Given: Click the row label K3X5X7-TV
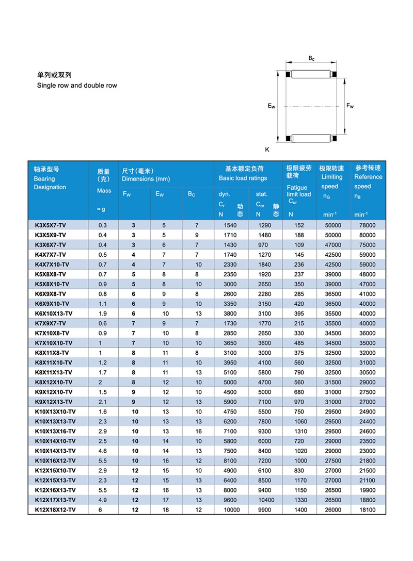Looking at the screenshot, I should click(x=50, y=225).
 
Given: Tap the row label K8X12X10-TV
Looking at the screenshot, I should click(x=53, y=382).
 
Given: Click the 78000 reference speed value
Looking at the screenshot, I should click(x=367, y=225).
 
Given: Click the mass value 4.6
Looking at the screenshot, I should click(x=103, y=451).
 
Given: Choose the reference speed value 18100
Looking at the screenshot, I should click(x=367, y=510).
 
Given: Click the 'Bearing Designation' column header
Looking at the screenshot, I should click(x=50, y=178).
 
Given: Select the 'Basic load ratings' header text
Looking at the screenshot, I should click(x=243, y=178).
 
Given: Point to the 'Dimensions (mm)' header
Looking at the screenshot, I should click(x=146, y=178).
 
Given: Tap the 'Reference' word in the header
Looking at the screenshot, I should click(x=368, y=177).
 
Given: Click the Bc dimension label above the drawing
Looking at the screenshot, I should click(x=312, y=59).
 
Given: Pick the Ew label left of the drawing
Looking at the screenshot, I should click(x=271, y=106).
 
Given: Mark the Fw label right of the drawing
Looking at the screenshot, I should click(x=351, y=106).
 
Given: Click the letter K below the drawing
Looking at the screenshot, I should click(x=267, y=150).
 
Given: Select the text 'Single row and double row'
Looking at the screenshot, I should click(x=77, y=85).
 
